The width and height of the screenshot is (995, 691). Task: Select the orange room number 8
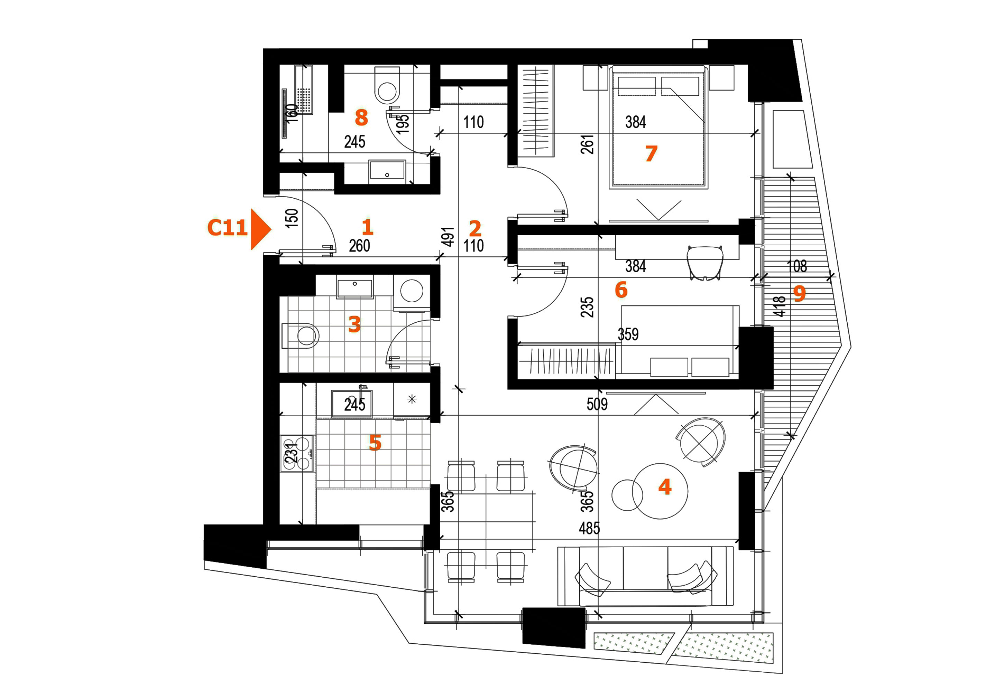coord(361,118)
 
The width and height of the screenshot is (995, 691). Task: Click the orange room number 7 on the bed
coord(651,154)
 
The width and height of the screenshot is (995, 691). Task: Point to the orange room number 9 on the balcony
coord(800,294)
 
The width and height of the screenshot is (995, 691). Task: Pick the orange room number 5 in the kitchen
coord(375,443)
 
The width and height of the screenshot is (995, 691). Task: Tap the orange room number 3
coord(354,324)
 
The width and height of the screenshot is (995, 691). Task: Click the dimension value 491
coord(449,237)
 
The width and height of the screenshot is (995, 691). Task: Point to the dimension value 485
coord(589,528)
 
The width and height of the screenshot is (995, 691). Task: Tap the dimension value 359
coord(628,334)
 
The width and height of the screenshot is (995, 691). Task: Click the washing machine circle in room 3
coord(412,291)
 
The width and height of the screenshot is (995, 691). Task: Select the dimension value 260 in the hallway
coord(359,246)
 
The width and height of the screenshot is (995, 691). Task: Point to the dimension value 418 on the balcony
coord(779,306)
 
